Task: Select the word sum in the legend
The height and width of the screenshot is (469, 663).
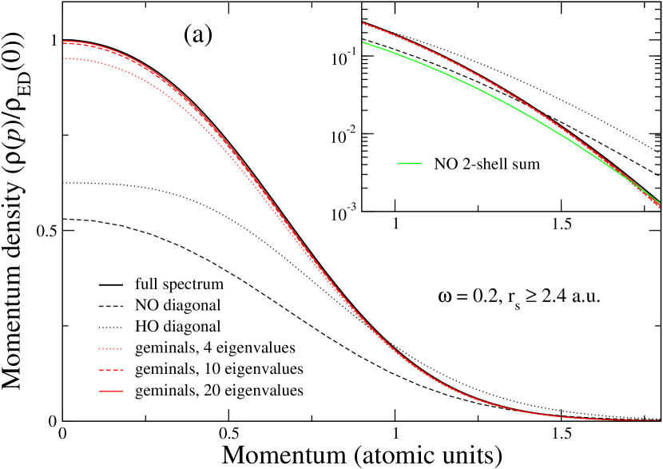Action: tap(526, 165)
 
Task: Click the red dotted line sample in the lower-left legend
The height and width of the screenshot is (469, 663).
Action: tap(110, 349)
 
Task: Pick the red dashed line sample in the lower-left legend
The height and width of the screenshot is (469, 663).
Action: tap(110, 370)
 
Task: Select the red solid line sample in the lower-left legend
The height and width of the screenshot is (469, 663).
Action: tap(110, 391)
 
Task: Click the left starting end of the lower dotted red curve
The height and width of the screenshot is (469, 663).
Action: tap(64, 58)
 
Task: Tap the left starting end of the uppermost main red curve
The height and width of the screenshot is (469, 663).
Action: tap(64, 41)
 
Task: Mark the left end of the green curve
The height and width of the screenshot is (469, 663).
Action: tap(363, 42)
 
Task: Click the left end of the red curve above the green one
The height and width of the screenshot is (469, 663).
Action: tap(363, 23)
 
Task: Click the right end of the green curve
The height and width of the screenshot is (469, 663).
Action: tap(661, 203)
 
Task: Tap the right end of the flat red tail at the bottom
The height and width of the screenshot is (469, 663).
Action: tap(661, 420)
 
